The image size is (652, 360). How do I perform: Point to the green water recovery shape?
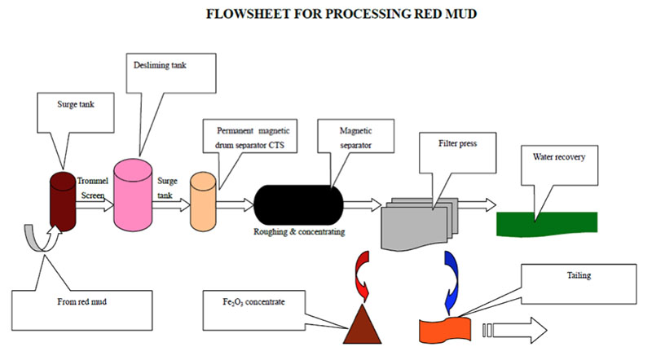546,222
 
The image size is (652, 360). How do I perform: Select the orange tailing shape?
447,330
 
